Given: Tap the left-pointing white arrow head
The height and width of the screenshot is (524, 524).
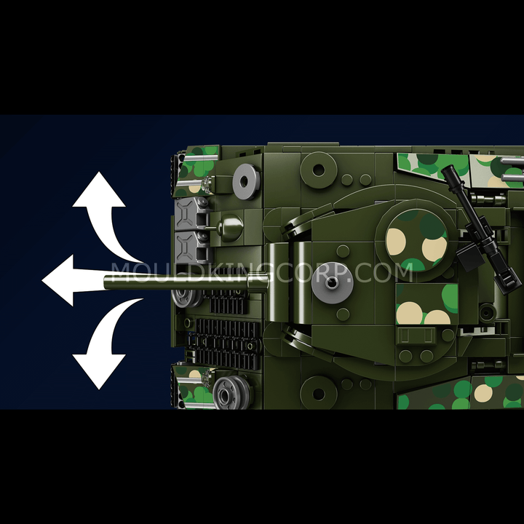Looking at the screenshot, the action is tap(58, 280).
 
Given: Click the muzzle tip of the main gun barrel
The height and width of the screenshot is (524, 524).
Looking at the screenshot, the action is tap(106, 282).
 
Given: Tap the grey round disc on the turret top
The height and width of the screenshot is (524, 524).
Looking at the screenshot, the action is tap(332, 282).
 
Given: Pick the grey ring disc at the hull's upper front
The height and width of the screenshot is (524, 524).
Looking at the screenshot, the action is tap(246, 181).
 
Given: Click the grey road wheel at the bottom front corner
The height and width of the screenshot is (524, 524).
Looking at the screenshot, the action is tap(231, 393).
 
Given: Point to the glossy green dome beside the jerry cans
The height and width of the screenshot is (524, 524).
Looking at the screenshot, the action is tap(230, 228).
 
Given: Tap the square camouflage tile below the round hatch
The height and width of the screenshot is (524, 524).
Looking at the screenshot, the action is tap(426, 304).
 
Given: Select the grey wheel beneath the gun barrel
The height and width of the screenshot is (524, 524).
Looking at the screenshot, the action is tap(187, 298).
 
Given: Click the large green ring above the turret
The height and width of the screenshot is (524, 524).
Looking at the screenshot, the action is tap(319, 170).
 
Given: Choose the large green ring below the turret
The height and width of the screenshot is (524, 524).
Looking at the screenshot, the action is tap(319, 394).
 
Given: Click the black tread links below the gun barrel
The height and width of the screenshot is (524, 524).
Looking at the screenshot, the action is tap(225, 344).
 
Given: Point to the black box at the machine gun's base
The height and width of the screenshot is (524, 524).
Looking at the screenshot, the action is tap(470, 255).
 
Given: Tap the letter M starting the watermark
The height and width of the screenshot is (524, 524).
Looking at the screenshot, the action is tap(121, 272).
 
